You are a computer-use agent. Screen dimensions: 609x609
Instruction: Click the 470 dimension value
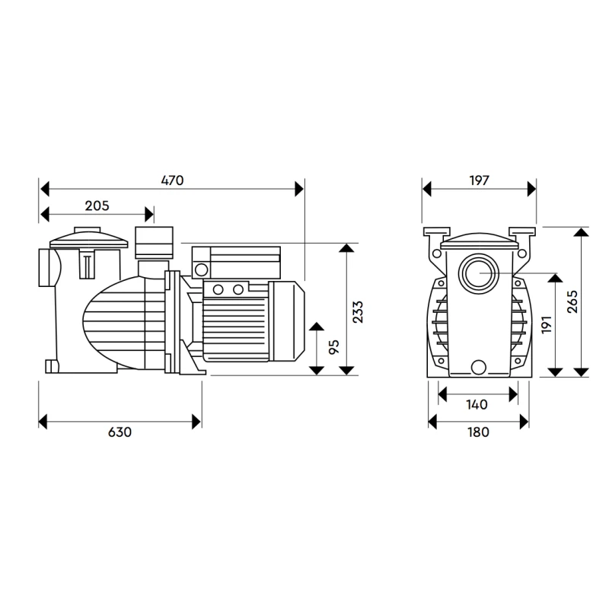tap(172, 180)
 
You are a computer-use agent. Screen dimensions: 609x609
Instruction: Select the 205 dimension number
tap(97, 206)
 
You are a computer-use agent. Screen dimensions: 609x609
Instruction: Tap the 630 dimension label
tap(120, 432)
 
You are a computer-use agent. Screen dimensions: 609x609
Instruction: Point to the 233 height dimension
tap(357, 312)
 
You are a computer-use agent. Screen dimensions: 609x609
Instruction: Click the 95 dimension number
tap(333, 347)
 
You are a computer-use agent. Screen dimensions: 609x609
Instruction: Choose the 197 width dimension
tap(479, 180)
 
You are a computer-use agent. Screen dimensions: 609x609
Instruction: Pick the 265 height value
tap(572, 301)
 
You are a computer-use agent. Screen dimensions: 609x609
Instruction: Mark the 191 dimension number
tap(546, 324)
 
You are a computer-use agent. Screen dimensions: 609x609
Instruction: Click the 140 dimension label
tap(477, 405)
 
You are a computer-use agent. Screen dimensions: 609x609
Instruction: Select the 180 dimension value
tap(478, 432)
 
